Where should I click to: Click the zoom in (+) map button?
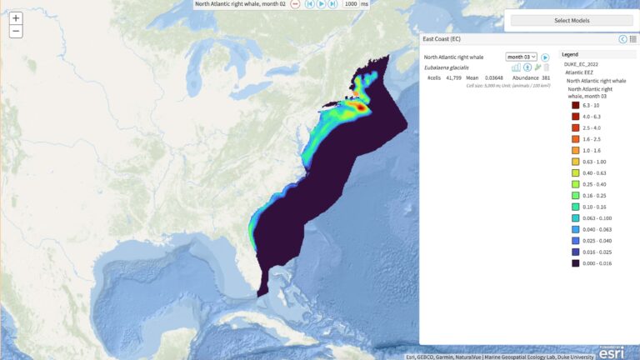(x=16, y=17)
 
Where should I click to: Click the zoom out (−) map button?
(x=16, y=32)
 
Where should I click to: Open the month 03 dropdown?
(x=522, y=57)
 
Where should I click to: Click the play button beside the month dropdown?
(x=545, y=57)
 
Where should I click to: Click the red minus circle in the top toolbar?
(x=295, y=4)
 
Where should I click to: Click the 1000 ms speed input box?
(x=351, y=4)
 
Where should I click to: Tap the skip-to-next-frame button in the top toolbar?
(x=332, y=4)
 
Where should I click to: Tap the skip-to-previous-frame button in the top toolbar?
(x=308, y=4)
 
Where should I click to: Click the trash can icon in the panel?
(x=547, y=67)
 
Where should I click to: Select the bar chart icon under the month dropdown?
(x=516, y=67)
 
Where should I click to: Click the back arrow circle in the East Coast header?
(x=622, y=39)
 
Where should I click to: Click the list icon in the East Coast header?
(x=633, y=39)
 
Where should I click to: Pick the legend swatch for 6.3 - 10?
(x=575, y=106)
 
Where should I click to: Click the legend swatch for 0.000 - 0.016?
(x=575, y=263)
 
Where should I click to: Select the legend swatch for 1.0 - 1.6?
(x=575, y=151)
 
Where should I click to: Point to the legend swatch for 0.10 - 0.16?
(x=575, y=207)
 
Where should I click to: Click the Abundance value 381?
(x=546, y=77)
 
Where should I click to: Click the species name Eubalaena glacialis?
(x=447, y=67)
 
